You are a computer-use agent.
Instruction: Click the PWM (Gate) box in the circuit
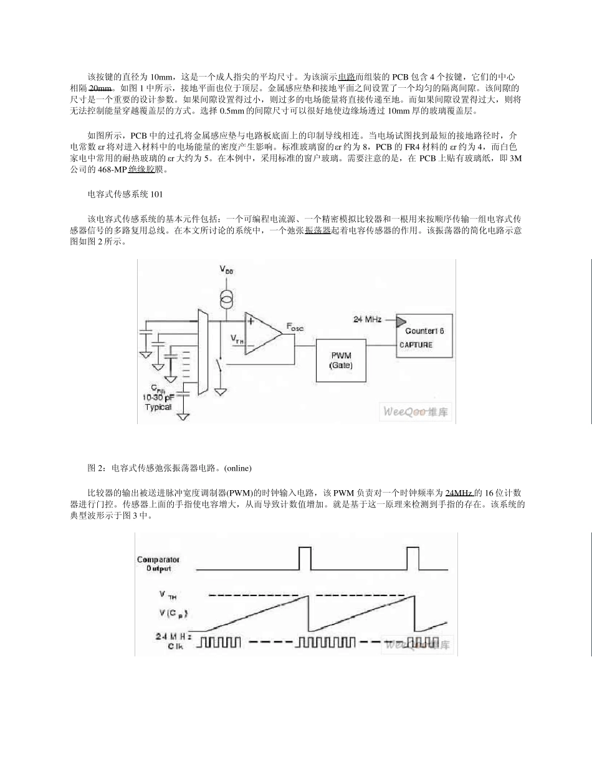[341, 360]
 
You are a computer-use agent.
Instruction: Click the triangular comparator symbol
[262, 333]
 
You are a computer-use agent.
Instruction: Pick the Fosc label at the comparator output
[295, 326]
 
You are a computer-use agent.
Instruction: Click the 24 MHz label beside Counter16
[368, 319]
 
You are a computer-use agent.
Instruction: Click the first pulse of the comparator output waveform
[305, 558]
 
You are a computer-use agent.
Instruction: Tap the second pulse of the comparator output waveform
[413, 558]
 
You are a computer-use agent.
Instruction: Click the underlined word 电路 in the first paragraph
[346, 77]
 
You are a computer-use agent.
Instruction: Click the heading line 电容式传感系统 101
[125, 194]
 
